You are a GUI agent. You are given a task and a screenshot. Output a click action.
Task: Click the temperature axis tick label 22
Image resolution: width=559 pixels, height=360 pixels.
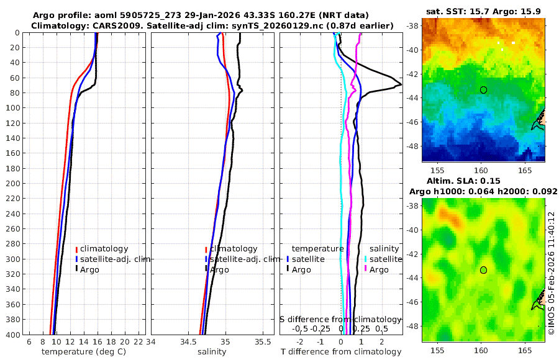pos(138,342)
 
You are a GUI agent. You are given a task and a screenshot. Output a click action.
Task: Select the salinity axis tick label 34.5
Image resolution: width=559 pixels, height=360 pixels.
pos(189,342)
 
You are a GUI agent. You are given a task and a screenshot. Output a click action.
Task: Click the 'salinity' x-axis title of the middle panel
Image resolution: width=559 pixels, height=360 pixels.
pos(212,352)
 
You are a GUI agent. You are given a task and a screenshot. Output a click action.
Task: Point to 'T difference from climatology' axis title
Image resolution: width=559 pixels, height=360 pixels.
pos(342,352)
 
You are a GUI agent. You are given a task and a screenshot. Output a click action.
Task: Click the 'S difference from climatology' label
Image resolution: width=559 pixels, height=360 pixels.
pos(341,319)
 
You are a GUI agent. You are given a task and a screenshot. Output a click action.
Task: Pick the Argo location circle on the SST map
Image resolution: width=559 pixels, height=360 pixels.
pos(483,89)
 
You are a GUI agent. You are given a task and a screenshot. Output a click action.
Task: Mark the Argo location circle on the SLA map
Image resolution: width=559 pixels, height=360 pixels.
pos(483,269)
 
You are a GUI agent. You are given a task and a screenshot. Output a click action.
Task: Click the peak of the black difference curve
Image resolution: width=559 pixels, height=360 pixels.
pos(401,84)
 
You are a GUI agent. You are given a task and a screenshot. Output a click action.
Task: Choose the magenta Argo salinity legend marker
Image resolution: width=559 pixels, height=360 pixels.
pos(366,269)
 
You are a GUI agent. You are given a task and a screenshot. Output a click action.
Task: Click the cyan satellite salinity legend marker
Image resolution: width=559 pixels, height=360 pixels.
pos(366,259)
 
